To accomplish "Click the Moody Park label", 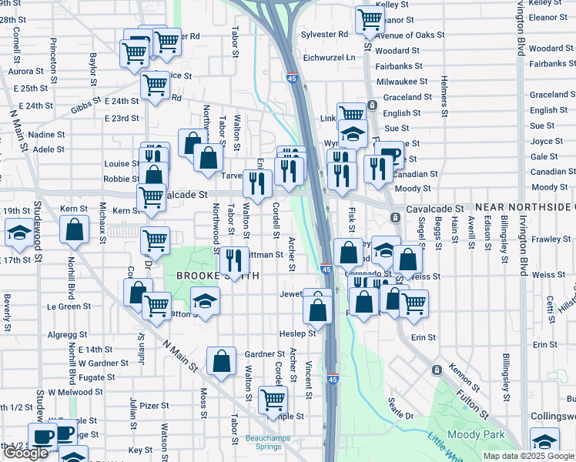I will click(x=477, y=435).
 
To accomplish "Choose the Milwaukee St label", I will click(x=402, y=82).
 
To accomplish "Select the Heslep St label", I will click(x=298, y=334).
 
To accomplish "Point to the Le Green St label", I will click(x=69, y=306).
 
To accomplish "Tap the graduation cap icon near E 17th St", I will click(x=18, y=232).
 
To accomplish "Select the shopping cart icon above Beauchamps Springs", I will click(x=273, y=399).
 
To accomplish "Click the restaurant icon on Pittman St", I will click(x=234, y=259).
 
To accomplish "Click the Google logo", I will click(x=25, y=453).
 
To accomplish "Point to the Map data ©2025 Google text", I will click(x=528, y=456).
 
